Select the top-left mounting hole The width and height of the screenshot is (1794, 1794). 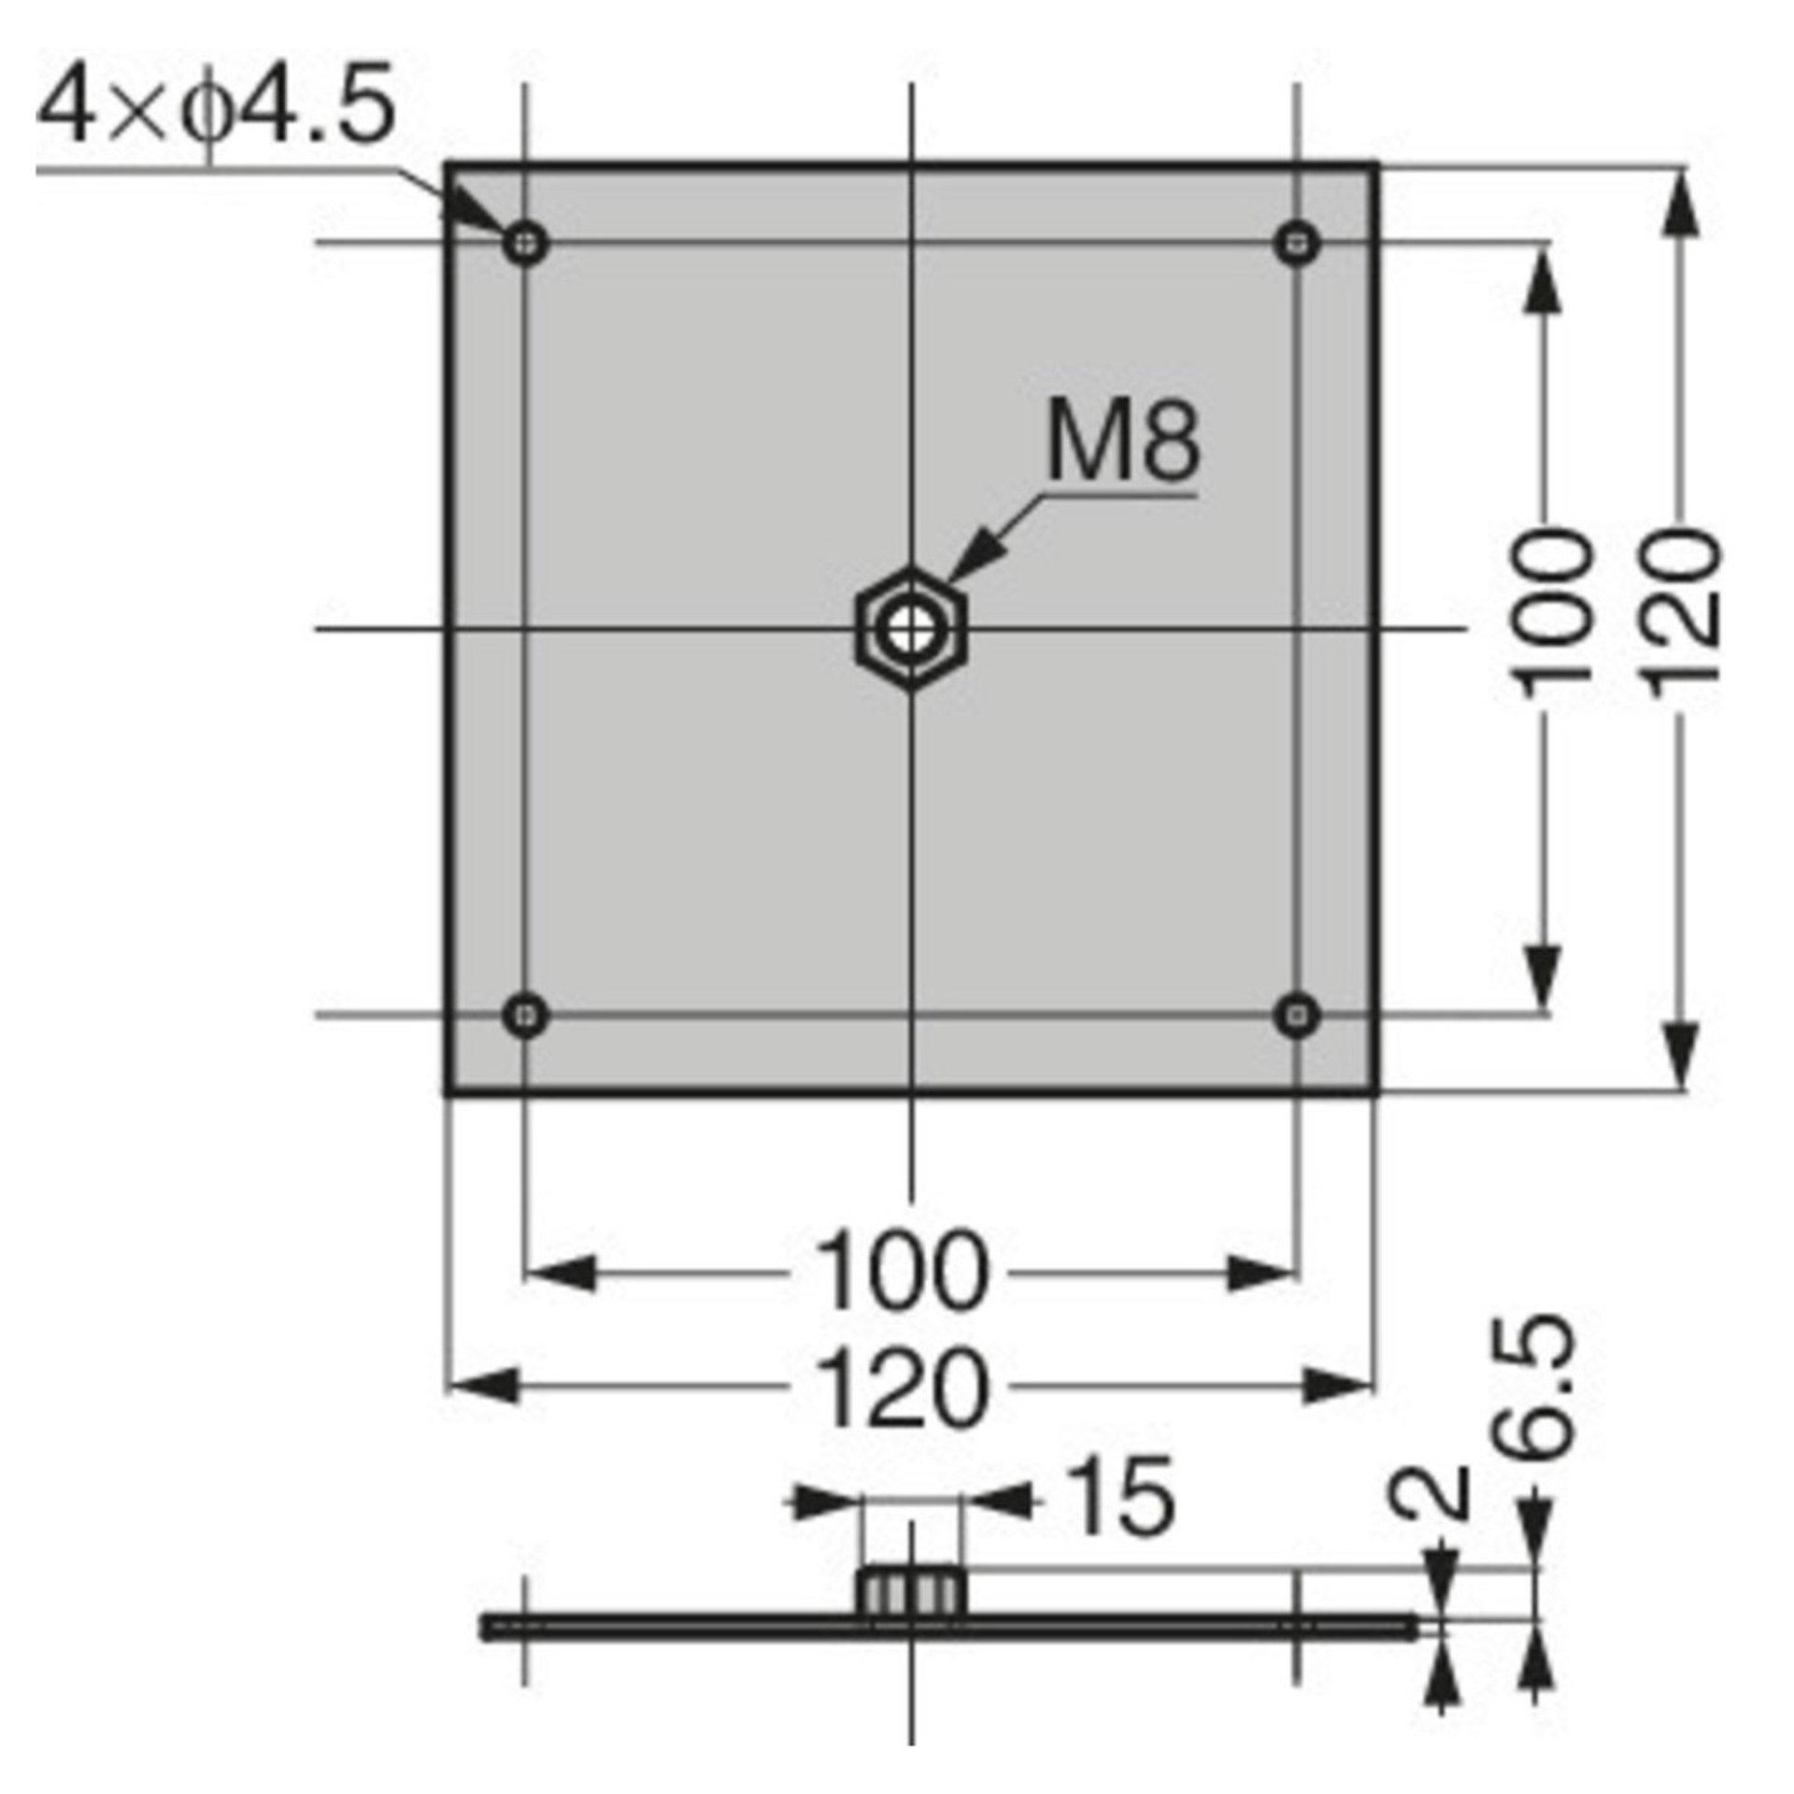(526, 245)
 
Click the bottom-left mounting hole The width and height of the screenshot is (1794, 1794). (526, 1013)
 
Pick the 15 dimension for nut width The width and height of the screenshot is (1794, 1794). (1118, 1502)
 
